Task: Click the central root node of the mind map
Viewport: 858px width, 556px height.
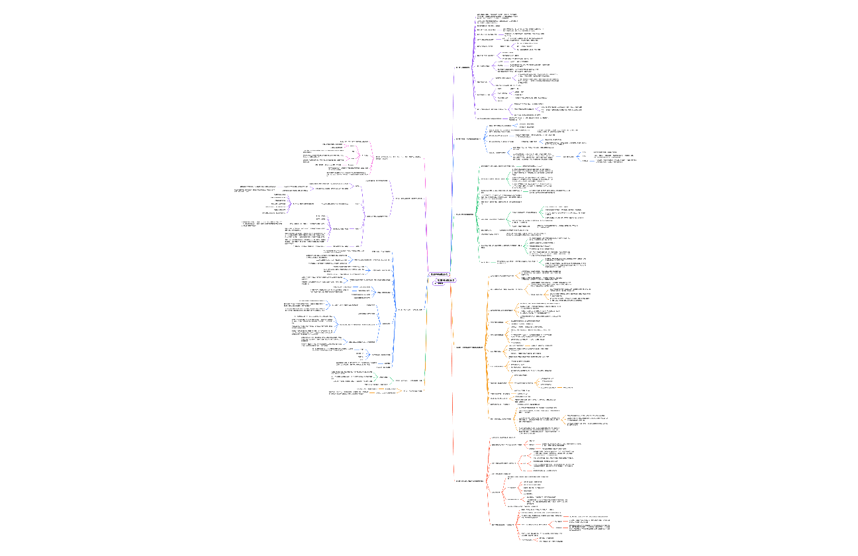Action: point(439,274)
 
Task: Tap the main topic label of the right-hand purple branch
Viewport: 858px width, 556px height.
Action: point(463,68)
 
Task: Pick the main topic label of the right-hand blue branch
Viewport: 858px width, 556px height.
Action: point(467,139)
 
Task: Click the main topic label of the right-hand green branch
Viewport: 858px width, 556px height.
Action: point(465,214)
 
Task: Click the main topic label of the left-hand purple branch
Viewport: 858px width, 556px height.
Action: point(408,198)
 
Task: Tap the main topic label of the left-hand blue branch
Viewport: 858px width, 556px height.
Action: point(410,309)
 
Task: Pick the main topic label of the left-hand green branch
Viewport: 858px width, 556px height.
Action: point(409,381)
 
